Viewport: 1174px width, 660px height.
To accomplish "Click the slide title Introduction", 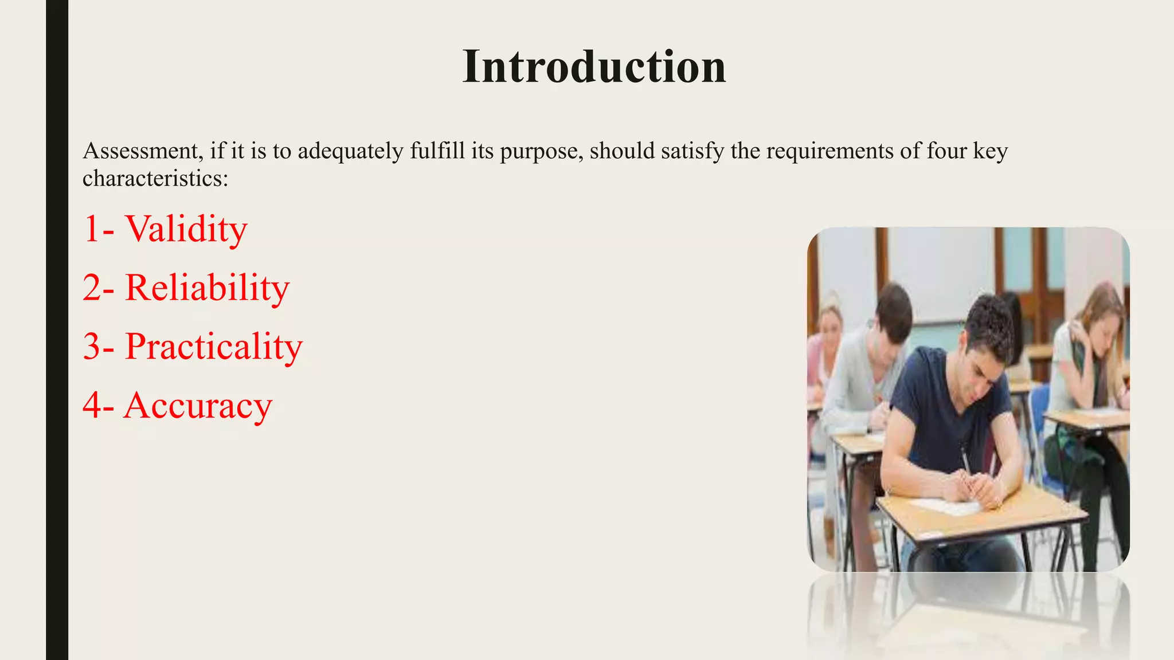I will [x=594, y=67].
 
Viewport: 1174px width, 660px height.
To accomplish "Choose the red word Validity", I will [x=186, y=229].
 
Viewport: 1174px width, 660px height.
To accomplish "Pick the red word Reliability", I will [x=207, y=288].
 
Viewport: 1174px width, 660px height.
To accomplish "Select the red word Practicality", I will [x=213, y=347].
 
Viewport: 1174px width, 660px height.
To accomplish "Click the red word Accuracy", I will [x=198, y=406].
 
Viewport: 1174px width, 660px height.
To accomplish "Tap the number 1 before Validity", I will [x=92, y=229].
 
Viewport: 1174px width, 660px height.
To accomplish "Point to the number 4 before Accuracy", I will [x=93, y=406].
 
